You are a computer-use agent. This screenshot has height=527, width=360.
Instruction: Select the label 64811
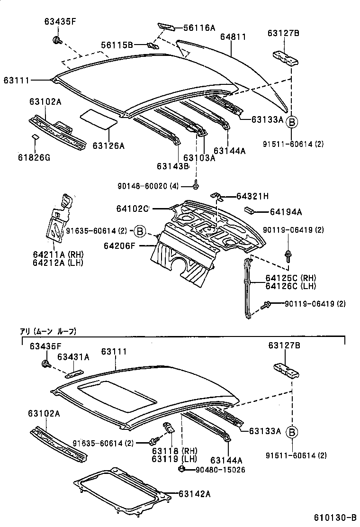click(x=233, y=36)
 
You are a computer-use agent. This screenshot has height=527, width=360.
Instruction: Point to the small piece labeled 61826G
click(x=35, y=138)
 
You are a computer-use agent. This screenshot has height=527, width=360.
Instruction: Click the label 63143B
click(x=172, y=166)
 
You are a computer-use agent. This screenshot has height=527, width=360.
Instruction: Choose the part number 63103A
click(x=199, y=158)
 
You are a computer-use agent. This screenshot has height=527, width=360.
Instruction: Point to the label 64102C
click(x=132, y=208)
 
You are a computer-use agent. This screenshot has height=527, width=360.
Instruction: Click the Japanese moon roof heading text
click(x=47, y=331)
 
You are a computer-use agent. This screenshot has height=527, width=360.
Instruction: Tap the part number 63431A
click(x=73, y=357)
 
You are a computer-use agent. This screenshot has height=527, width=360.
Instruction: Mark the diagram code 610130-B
click(x=334, y=518)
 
